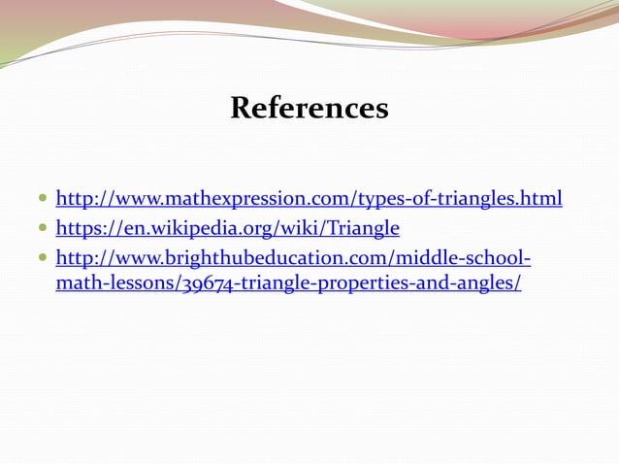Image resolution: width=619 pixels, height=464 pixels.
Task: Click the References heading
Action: coord(309,108)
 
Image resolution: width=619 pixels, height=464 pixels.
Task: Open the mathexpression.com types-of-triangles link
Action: coord(309,200)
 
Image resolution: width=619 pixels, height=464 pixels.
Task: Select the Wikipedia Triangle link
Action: coord(227,229)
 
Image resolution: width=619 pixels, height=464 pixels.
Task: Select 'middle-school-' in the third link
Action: coord(475,258)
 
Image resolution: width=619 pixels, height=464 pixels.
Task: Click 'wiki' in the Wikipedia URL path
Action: coord(296,229)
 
